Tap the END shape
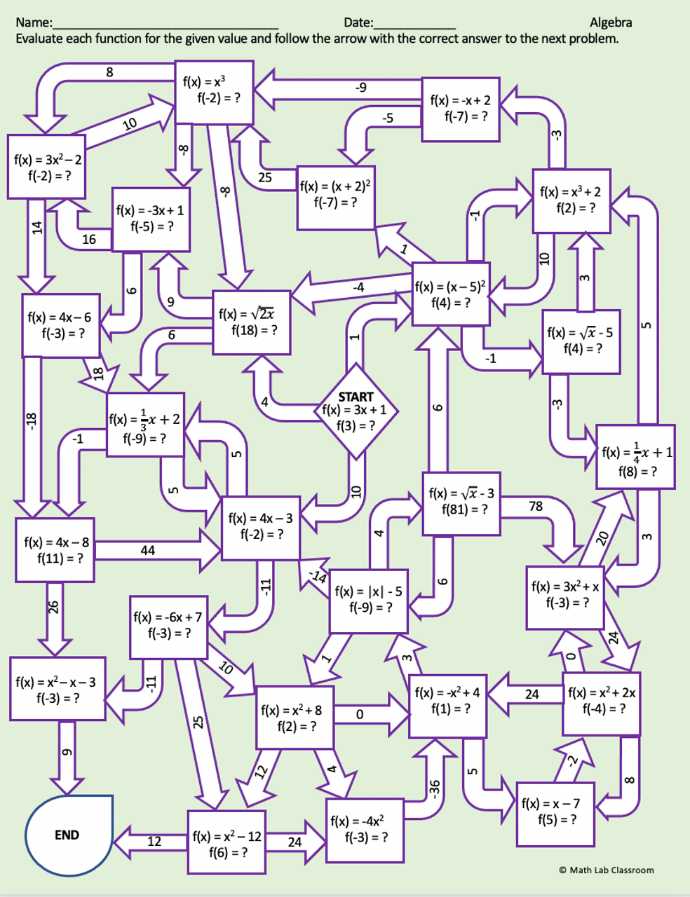pyautogui.click(x=69, y=835)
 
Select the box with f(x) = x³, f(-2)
pyautogui.click(x=213, y=93)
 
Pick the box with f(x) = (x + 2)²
pyautogui.click(x=335, y=197)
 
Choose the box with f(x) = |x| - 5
pyautogui.click(x=368, y=601)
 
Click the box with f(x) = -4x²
pyautogui.click(x=365, y=830)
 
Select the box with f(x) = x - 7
pyautogui.click(x=555, y=813)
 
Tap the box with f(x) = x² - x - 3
pyautogui.click(x=57, y=689)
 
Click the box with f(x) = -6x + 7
pyautogui.click(x=168, y=626)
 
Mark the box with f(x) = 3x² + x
pyautogui.click(x=564, y=596)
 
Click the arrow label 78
pyautogui.click(x=536, y=506)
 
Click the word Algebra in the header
pyautogui.click(x=610, y=23)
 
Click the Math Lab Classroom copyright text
pyautogui.click(x=606, y=870)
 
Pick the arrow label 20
pyautogui.click(x=601, y=538)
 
